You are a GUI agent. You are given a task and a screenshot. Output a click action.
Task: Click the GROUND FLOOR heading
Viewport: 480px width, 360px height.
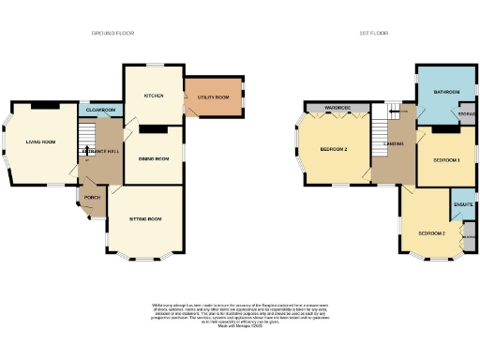(112, 33)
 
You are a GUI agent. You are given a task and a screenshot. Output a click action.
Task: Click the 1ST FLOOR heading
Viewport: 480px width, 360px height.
(373, 33)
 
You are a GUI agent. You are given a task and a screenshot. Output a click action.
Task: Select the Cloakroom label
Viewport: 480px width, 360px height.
(99, 111)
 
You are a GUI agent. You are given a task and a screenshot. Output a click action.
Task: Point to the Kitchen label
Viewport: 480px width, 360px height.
(154, 96)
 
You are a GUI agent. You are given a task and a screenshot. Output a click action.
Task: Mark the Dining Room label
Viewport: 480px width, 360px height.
(154, 159)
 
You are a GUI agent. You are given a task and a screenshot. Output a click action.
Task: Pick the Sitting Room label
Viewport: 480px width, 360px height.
(145, 219)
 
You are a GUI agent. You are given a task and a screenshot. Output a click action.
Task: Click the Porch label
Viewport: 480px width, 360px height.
(92, 198)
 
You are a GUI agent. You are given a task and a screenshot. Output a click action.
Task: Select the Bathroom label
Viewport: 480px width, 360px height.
(446, 92)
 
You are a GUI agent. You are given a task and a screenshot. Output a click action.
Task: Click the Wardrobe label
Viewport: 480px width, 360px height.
(337, 109)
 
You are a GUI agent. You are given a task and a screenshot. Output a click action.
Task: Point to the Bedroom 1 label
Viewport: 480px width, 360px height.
(446, 160)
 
